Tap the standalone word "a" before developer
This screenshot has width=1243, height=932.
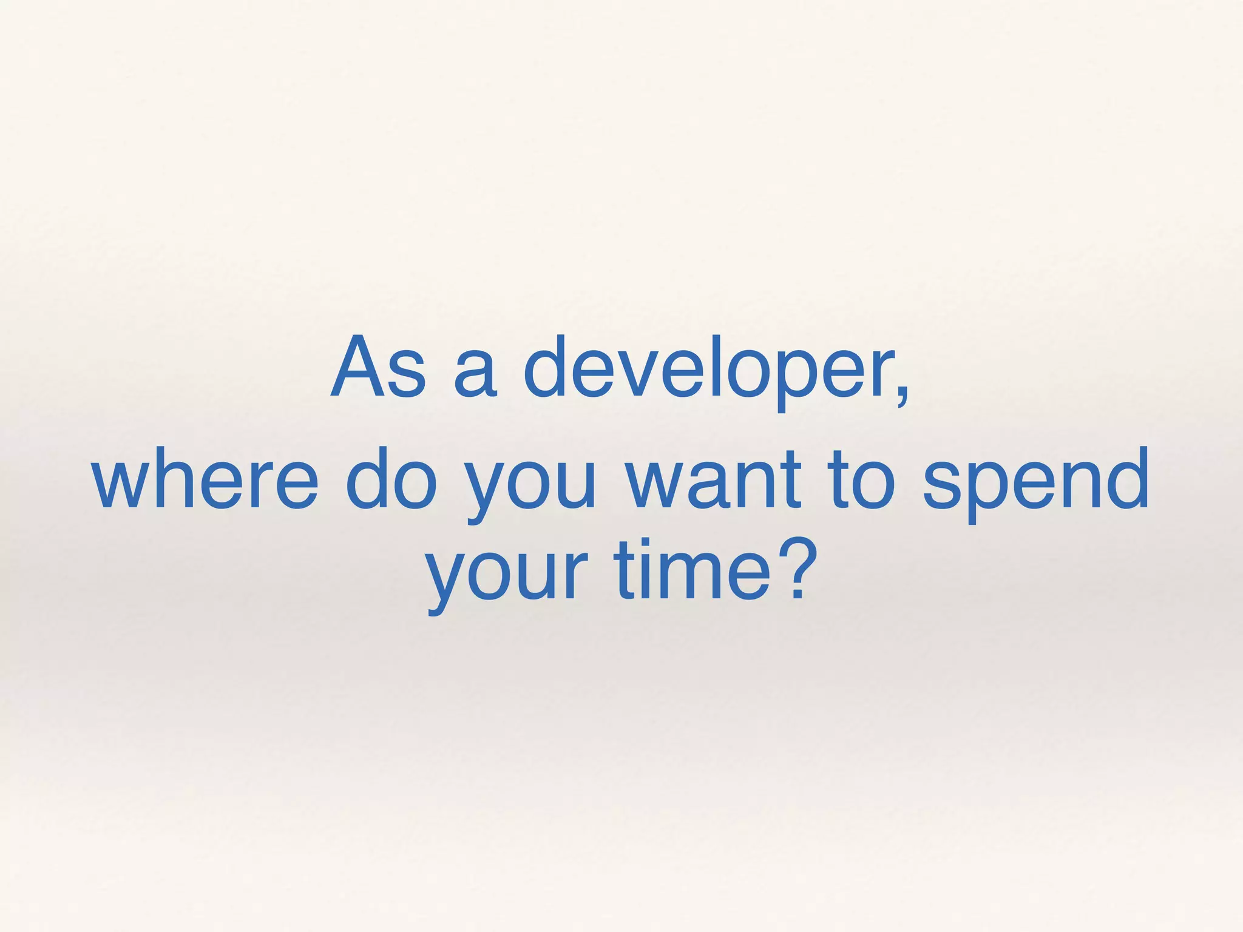(x=475, y=376)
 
